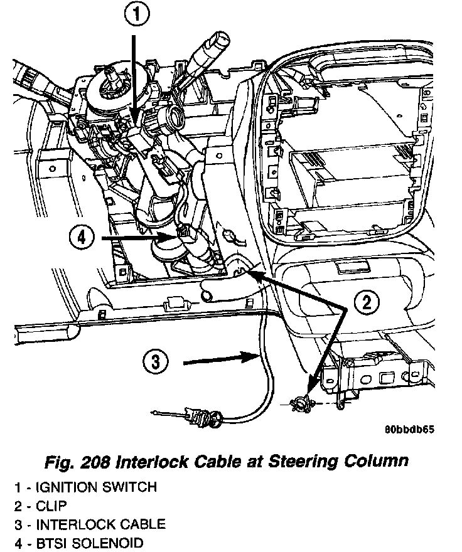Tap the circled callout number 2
click(367, 303)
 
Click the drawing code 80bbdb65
click(409, 430)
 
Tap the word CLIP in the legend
click(50, 506)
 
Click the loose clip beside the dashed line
click(301, 401)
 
